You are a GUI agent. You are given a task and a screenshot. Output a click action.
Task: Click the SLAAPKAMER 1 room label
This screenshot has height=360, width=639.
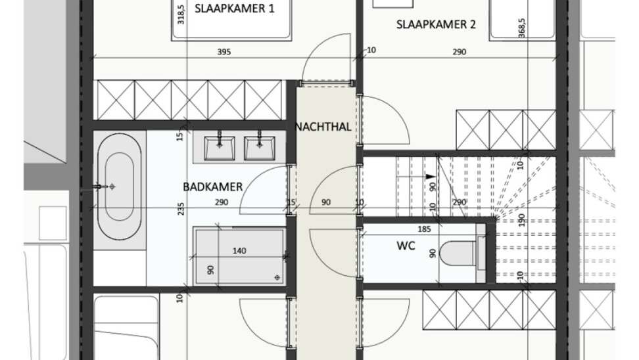(x=234, y=9)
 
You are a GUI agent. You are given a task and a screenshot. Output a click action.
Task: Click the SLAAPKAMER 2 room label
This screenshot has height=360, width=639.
(x=436, y=24)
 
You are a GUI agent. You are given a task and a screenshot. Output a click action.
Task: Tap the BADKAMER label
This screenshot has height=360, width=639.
(x=213, y=187)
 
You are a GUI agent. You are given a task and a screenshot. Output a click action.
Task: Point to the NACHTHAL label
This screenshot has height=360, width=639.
(x=323, y=127)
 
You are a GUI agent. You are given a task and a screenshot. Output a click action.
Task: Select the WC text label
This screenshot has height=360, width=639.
(x=406, y=246)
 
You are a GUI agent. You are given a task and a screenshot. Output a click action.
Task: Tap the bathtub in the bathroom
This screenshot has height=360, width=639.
(x=120, y=187)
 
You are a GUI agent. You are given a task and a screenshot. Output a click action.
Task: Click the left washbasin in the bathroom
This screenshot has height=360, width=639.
(x=220, y=148)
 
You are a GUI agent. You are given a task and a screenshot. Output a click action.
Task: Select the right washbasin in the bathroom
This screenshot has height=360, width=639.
(x=259, y=148)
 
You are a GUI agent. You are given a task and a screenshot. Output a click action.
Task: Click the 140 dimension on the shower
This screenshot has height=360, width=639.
(x=239, y=251)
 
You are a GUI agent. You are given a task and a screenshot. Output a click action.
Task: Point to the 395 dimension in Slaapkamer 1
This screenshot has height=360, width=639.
(x=224, y=52)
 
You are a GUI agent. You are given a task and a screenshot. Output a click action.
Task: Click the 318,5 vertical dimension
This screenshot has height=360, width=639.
(x=181, y=14)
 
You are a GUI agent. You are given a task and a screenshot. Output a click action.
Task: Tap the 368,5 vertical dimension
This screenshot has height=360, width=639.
(x=522, y=28)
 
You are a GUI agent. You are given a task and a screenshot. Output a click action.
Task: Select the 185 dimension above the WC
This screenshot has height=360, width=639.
(x=424, y=229)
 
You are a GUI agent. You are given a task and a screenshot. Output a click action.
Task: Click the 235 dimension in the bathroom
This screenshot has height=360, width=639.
(x=181, y=209)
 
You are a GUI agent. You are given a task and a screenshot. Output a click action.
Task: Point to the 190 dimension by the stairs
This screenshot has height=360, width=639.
(x=522, y=220)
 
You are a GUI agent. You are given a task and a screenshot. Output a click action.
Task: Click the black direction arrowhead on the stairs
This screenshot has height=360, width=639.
(x=430, y=177)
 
